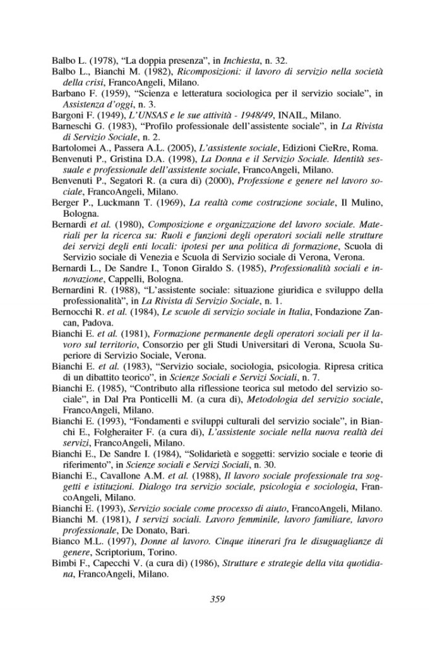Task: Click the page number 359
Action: (218, 599)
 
